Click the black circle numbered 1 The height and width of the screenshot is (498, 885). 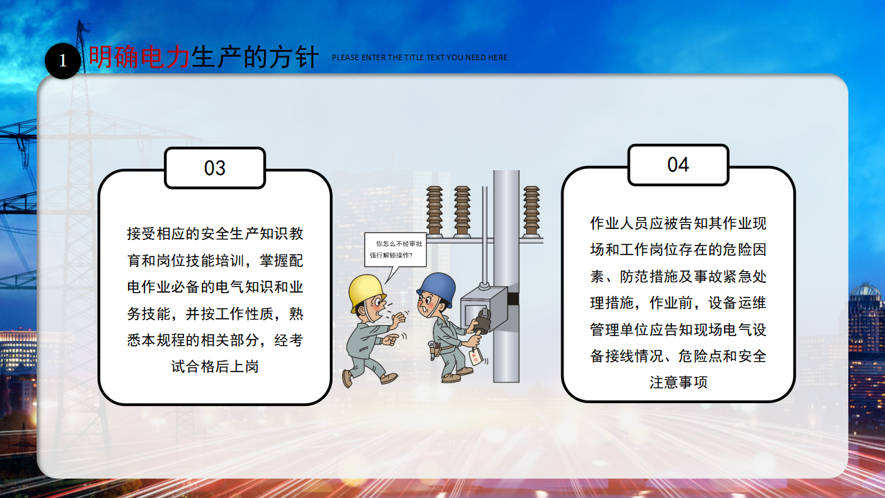point(63,61)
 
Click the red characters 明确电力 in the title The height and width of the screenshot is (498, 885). point(139,57)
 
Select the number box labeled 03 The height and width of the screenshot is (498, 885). point(215,168)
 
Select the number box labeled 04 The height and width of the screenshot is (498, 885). point(678,165)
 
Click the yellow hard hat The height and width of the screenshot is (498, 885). point(366,292)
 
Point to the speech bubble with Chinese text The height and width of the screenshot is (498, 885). point(395,250)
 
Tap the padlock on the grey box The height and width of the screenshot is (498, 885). point(483,320)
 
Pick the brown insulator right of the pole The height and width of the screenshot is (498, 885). point(532,212)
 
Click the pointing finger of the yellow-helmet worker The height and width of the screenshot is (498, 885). point(393,339)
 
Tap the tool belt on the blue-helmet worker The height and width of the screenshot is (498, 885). point(438,349)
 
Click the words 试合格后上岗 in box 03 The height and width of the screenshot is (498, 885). point(215,367)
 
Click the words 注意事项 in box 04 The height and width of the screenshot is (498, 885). point(678,382)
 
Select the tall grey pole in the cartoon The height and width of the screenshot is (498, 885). point(506,276)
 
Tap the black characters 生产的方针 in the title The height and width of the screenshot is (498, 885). point(255,57)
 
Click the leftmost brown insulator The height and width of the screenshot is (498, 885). point(434,212)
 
